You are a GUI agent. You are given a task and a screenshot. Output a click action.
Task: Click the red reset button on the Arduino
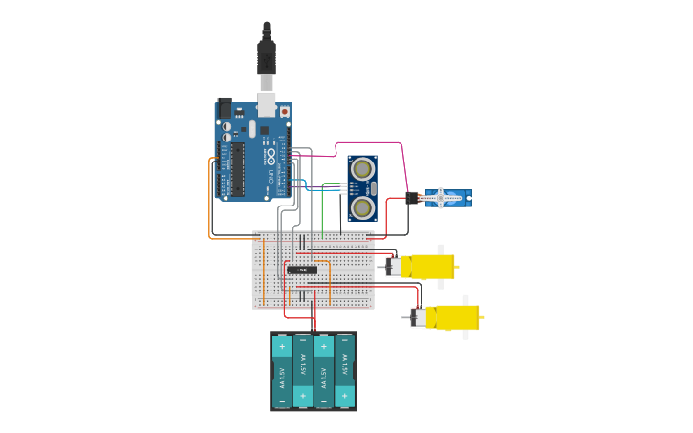click(x=284, y=111)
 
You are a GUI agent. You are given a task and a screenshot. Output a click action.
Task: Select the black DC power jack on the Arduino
click(x=226, y=109)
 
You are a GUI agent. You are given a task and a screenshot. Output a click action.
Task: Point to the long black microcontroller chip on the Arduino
click(x=237, y=170)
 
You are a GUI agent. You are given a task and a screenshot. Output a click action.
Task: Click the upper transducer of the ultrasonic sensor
click(x=362, y=169)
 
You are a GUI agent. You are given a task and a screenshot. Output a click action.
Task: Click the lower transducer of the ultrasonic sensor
click(x=362, y=206)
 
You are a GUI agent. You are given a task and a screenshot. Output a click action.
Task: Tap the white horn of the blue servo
click(x=441, y=198)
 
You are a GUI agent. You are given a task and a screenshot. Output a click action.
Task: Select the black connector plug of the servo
click(x=412, y=198)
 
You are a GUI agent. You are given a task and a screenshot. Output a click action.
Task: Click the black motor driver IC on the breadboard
click(x=302, y=270)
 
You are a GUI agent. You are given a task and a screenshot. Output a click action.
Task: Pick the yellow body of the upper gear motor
click(x=428, y=267)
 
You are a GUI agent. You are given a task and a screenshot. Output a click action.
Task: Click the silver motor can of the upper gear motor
click(x=392, y=267)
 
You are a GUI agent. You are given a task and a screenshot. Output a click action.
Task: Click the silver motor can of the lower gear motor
click(x=418, y=317)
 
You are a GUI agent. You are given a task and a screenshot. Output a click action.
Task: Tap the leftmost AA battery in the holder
click(x=282, y=371)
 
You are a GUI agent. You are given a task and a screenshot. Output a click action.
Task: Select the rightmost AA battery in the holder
click(x=344, y=371)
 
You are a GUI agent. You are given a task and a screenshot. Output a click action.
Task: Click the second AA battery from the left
click(x=303, y=371)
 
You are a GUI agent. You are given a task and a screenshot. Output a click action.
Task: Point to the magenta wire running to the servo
click(x=368, y=143)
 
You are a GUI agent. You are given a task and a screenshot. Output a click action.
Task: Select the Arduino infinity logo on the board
click(x=271, y=155)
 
